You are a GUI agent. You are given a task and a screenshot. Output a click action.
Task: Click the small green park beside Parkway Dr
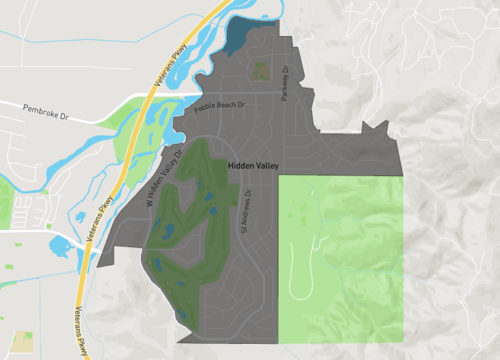pos(261,72)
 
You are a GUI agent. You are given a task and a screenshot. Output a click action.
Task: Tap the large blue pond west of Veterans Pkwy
pos(58,245)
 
